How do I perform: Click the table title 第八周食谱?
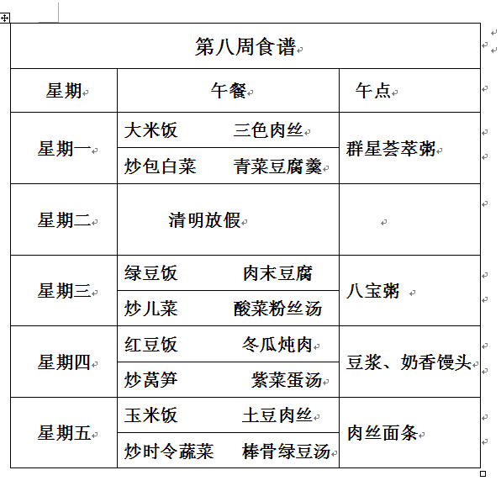pos(245,46)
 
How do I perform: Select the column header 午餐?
pos(228,91)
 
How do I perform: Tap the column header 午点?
pos(373,91)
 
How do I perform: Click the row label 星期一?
pos(64,149)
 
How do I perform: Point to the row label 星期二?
pos(64,219)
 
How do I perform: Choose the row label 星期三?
pos(64,291)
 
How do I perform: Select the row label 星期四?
pos(64,362)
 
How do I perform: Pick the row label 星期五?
pos(64,433)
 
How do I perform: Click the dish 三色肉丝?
pos(268,130)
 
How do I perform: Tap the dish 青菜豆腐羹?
pos(277,166)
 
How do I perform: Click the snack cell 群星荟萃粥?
pos(390,149)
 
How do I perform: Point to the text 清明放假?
pos(204,220)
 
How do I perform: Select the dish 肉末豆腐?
pos(277,273)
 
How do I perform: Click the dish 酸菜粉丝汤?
pos(277,309)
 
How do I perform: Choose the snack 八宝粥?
pos(373,291)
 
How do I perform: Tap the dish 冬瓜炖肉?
pos(277,345)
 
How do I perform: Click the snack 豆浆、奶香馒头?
pos(409,362)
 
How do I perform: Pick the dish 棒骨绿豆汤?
pos(286,451)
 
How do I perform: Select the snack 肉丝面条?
pos(382,433)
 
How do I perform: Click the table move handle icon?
pos(5,18)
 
